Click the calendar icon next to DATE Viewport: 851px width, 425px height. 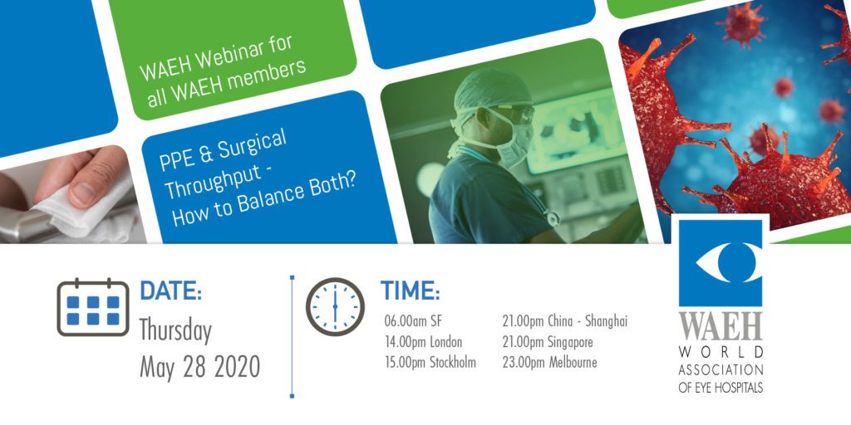point(93,307)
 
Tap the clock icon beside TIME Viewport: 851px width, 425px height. point(335,307)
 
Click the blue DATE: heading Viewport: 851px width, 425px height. point(171,291)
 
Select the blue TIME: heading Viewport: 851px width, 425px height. point(410,291)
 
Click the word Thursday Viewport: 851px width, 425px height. point(175,330)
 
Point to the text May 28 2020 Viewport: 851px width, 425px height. point(199,367)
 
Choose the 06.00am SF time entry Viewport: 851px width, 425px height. point(413,321)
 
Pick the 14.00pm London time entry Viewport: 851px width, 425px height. point(423,343)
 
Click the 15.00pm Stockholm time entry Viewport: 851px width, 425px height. point(430,363)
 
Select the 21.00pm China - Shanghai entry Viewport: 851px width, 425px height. point(564,321)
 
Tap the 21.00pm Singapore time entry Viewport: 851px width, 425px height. point(547,343)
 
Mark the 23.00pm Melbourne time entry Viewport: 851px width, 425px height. point(549,363)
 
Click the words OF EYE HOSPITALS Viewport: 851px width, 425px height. point(721,388)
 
